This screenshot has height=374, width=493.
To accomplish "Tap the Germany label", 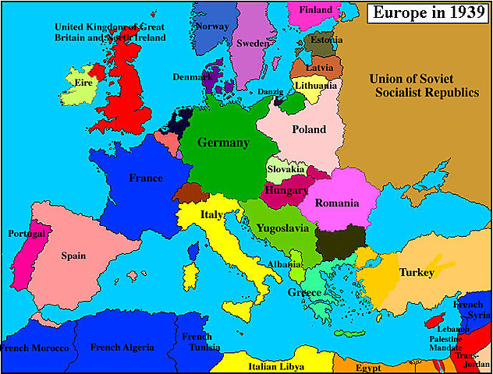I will (x=223, y=143).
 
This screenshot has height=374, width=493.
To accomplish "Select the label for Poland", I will (x=309, y=129).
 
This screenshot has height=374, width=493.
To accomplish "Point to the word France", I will (x=146, y=178).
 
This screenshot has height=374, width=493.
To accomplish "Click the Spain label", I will (x=73, y=255).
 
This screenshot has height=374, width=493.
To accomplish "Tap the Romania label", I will (x=336, y=203).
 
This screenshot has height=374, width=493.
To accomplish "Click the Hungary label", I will (x=286, y=190).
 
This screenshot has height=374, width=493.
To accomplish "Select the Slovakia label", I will (x=286, y=169).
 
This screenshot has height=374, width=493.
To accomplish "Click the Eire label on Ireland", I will (x=80, y=81).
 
